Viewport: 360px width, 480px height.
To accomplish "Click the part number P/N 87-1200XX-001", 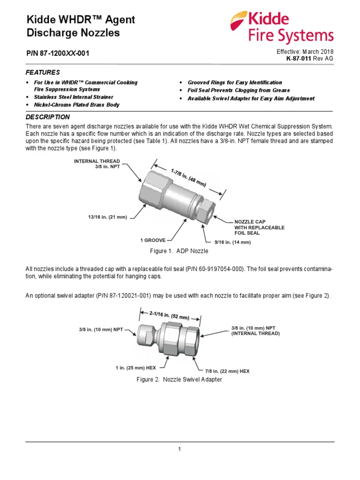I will pyautogui.click(x=57, y=53).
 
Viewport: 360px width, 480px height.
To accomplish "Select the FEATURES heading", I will pyautogui.click(x=43, y=72).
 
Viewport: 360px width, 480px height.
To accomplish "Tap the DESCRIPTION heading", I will pyautogui.click(x=47, y=117).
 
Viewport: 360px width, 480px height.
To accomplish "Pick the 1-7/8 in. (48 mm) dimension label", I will pyautogui.click(x=188, y=177).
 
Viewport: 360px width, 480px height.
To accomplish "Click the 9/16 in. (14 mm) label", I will pyautogui.click(x=232, y=242).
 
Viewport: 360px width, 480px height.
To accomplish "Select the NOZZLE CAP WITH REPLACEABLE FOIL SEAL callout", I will pyautogui.click(x=259, y=227).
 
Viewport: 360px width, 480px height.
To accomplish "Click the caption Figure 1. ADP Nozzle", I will pyautogui.click(x=179, y=252).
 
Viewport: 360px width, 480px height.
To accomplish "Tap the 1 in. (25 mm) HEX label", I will pyautogui.click(x=135, y=368).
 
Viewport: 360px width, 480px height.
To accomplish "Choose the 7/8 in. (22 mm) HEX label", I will pyautogui.click(x=228, y=371).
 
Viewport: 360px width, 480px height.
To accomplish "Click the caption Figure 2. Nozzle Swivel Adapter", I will pyautogui.click(x=179, y=380).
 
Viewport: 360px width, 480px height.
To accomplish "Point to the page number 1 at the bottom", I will pyautogui.click(x=180, y=450).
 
